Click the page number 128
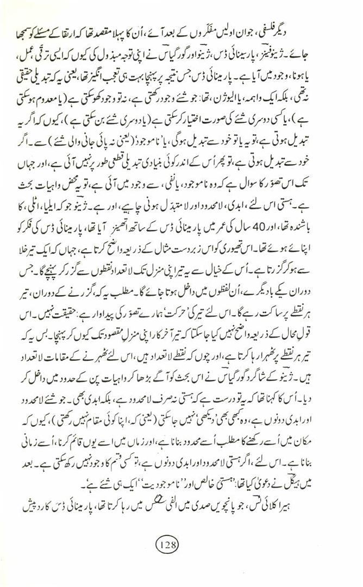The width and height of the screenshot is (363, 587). (180, 543)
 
